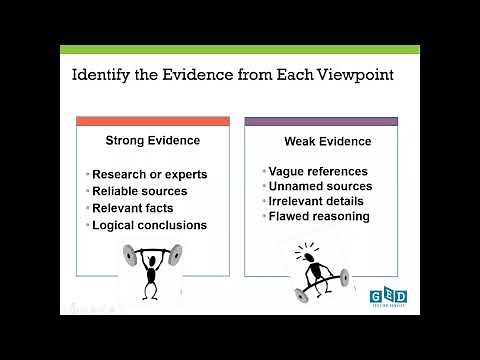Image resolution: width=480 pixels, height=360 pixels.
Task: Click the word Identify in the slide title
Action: point(103,75)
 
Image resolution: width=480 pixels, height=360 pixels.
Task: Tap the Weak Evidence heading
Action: point(321,141)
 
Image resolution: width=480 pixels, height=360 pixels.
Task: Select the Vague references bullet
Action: point(318,171)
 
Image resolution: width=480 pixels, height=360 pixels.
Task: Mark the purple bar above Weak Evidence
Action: point(321,121)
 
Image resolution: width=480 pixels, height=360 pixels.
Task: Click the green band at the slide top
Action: point(240,48)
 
